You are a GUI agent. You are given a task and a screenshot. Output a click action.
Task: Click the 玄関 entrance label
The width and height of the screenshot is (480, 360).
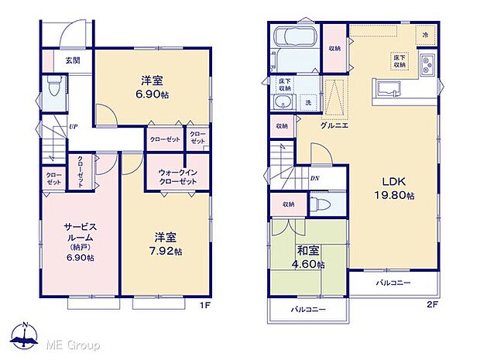click(72, 60)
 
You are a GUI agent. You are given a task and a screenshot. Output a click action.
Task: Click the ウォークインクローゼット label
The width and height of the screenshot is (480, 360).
click(177, 175)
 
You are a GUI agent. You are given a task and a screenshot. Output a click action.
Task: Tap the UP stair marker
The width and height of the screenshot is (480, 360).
click(72, 126)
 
